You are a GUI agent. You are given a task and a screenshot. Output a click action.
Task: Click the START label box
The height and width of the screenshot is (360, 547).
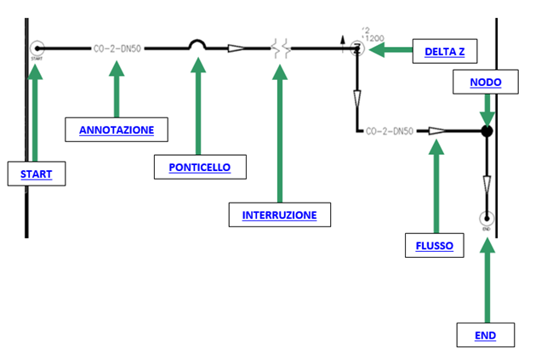pos(37,174)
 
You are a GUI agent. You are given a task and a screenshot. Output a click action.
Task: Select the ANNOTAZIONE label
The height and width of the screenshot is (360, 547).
pos(117,130)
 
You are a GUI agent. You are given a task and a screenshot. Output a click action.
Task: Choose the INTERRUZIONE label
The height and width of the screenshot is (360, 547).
pos(279,214)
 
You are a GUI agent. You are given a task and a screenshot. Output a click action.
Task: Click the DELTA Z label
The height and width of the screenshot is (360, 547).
pos(445,52)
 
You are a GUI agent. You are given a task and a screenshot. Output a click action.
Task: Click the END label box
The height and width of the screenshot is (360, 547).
pos(486,335)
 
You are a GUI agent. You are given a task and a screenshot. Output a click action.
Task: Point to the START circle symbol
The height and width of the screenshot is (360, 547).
pos(37,49)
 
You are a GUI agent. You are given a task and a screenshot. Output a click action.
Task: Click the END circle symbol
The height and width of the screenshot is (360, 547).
pos(487,218)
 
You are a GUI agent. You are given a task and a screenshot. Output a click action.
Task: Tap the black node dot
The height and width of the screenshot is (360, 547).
pos(487,131)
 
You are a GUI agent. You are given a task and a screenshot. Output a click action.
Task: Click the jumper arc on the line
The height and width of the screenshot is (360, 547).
pos(197,45)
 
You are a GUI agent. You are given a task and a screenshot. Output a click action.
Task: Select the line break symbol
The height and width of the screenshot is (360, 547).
pos(282,49)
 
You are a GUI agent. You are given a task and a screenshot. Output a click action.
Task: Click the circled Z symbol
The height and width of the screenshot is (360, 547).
pos(357,49)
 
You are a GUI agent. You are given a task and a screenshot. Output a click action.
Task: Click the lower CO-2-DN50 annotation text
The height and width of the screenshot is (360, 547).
pos(389,131)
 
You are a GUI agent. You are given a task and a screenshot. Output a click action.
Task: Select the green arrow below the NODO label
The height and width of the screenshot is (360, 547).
pos(487,108)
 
